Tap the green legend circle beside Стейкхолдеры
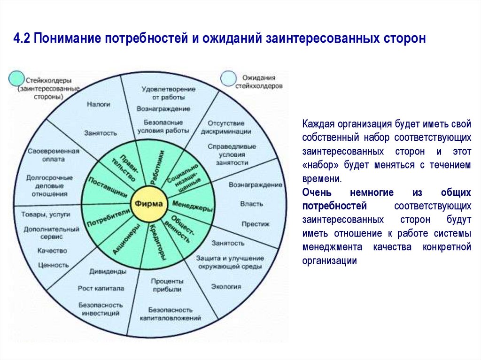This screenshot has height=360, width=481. tap(16, 78)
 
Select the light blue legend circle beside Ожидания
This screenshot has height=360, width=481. tap(229, 78)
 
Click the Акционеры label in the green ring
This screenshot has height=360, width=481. tap(126, 238)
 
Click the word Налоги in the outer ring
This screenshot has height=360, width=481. tap(98, 104)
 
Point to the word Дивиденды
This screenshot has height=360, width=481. tap(107, 271)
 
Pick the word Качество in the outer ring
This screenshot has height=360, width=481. tap(52, 251)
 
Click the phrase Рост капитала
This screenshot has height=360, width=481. tap(101, 288)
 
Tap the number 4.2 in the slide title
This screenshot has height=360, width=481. tap(22, 38)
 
